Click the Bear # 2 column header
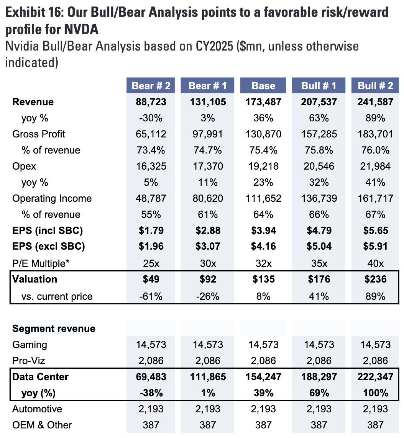(151, 85)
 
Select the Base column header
(263, 85)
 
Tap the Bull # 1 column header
(319, 85)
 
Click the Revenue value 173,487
(263, 102)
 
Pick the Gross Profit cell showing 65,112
(151, 134)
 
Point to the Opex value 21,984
(375, 166)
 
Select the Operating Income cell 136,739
(319, 198)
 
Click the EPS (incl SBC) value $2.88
(207, 231)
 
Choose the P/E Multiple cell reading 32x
(263, 263)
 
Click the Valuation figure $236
(375, 279)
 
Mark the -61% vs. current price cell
(151, 296)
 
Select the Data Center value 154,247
(263, 377)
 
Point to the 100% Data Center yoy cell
(375, 393)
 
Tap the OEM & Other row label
(42, 425)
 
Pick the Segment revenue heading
(54, 328)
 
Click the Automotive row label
(37, 409)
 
